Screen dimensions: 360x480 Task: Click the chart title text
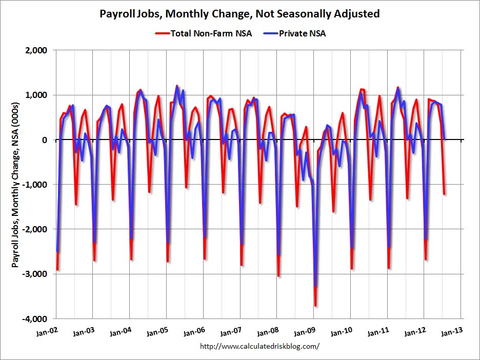pos(239,14)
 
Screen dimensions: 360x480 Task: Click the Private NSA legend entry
pos(303,34)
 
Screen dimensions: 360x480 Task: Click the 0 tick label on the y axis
pos(45,140)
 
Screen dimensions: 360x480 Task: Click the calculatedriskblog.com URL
pos(259,346)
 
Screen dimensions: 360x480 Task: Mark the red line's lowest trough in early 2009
pos(315,306)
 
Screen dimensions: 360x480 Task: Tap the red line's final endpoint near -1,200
pos(444,194)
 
